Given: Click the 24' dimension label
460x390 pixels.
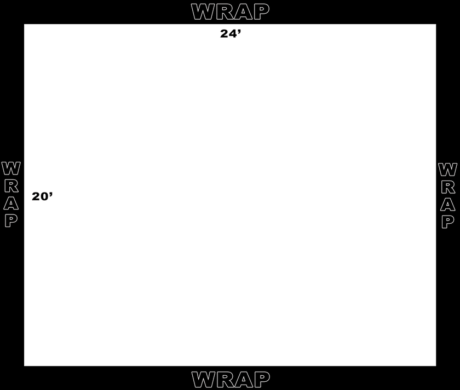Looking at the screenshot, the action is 231,33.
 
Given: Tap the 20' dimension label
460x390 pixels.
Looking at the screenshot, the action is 42,196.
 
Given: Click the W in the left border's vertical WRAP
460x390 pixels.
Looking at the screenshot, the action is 11,168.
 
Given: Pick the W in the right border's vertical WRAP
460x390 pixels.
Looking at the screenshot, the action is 448,170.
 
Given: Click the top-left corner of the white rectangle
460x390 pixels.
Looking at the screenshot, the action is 24,24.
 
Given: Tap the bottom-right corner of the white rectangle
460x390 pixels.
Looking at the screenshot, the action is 436,366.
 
